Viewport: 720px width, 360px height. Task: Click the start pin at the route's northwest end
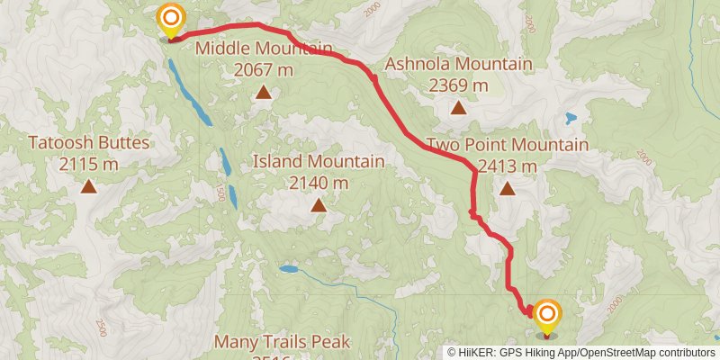pos(170,18)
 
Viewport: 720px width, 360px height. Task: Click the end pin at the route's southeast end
pos(547,315)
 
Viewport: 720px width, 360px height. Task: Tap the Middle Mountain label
pos(264,48)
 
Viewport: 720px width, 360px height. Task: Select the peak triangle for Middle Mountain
pos(264,92)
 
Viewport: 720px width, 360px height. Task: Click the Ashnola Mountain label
pos(458,64)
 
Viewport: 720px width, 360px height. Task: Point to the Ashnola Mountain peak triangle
pos(458,109)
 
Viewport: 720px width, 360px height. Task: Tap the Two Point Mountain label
pos(508,145)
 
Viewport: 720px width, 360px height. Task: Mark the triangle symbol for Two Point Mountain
pos(508,189)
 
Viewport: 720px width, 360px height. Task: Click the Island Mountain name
pos(319,161)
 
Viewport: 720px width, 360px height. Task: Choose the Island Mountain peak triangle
pos(319,205)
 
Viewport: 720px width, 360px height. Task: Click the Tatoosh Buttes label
pos(89,142)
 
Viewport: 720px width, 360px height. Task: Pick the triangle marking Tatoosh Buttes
pos(89,186)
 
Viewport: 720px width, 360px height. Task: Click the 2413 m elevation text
pos(508,166)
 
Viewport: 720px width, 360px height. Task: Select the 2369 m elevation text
pos(458,85)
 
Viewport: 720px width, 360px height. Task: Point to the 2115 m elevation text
pos(89,164)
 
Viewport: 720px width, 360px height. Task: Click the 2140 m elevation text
pos(319,183)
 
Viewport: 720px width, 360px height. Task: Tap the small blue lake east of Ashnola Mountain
pos(570,118)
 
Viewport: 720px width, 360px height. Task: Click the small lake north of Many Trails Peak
pos(288,268)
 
